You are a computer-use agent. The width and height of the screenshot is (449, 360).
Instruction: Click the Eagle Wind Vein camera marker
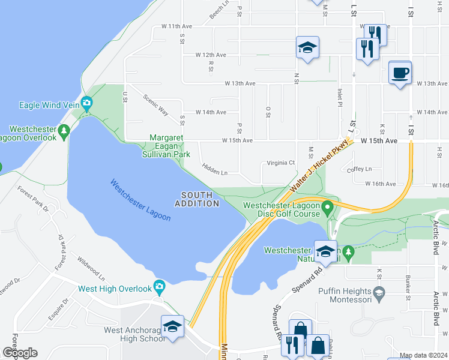(86, 104)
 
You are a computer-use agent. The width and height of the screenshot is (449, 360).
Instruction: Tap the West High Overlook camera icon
(159, 287)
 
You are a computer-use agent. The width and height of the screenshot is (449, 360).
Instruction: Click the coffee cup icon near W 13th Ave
(400, 73)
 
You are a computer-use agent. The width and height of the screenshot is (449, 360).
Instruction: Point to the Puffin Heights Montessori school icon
(378, 292)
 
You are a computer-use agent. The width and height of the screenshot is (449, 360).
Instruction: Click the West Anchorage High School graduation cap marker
(172, 327)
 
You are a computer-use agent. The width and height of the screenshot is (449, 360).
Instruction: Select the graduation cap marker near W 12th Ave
(307, 49)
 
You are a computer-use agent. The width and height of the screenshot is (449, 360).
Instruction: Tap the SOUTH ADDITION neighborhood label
(197, 199)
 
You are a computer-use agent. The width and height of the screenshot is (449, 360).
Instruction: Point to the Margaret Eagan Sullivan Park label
(170, 146)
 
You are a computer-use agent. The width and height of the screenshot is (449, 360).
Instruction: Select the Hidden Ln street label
(215, 170)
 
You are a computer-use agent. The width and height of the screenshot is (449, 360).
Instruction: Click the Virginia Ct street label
(281, 163)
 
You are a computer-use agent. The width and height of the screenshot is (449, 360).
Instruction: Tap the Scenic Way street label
(155, 105)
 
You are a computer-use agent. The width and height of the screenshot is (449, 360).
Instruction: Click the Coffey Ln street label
(360, 169)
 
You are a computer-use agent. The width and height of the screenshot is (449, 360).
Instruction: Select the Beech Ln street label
(220, 11)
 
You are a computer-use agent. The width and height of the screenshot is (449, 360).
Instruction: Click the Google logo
(20, 353)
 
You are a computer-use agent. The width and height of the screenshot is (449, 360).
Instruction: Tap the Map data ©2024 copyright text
(423, 355)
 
